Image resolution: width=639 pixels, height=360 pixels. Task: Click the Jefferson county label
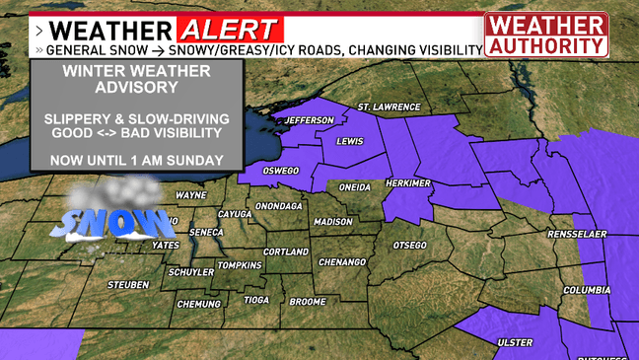pos(310,120)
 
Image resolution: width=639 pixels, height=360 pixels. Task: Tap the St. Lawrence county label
pos(389,107)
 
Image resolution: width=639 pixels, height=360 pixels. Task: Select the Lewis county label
pos(350,142)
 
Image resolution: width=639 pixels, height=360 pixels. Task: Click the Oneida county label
pos(354,186)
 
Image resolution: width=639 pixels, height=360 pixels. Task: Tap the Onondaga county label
pos(278,206)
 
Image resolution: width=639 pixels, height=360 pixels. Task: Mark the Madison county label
pos(332,222)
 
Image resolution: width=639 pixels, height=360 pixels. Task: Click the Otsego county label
pos(409,244)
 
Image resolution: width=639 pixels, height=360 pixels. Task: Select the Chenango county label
pos(338,262)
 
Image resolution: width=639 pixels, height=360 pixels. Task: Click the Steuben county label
pos(127,285)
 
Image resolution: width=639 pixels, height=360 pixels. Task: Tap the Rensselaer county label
pos(578,236)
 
